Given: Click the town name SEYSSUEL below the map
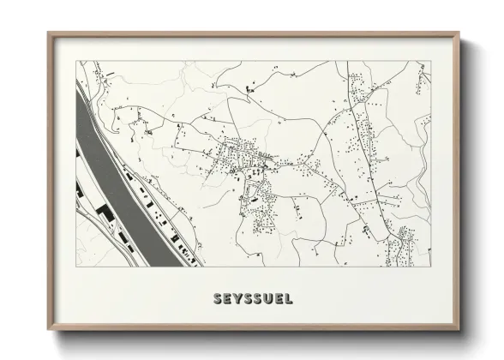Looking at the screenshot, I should click(x=252, y=299).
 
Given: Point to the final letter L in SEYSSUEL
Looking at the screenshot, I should click(x=289, y=299).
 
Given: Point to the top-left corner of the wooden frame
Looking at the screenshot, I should click(x=48, y=33).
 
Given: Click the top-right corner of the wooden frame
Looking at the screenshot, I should click(x=458, y=33).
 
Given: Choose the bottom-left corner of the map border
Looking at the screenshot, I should click(x=75, y=267).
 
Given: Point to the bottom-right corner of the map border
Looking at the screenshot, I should click(x=430, y=267).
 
